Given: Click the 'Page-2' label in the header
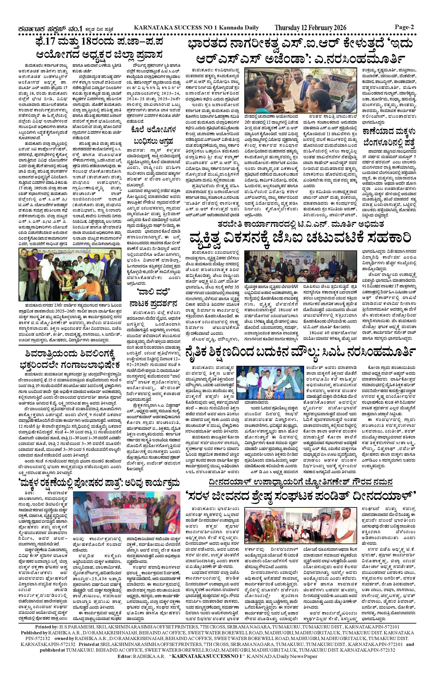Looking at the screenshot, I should pos(404,27).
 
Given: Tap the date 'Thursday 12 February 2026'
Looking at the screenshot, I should pos(310,28).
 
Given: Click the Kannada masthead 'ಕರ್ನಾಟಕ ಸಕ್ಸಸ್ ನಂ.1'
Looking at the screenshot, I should pos(50,28).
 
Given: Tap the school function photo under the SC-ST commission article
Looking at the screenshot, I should pos(70,274).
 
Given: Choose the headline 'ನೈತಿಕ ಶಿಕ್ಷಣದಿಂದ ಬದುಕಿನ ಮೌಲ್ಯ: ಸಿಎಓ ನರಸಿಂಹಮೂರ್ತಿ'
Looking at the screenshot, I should pos(300,352).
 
